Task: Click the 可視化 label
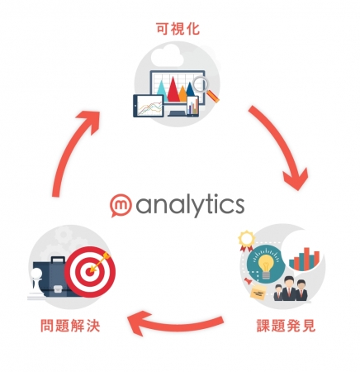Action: pos(178,29)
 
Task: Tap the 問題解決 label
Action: pos(70,326)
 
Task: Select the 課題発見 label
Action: pos(286,326)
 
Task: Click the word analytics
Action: pos(190,205)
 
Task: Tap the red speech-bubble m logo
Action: pos(121,206)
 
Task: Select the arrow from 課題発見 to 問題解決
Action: pos(176,323)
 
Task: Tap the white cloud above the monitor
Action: pos(167,56)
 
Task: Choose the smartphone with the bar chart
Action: pos(192,107)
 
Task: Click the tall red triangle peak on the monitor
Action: pos(173,89)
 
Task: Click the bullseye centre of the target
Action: pos(89,271)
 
